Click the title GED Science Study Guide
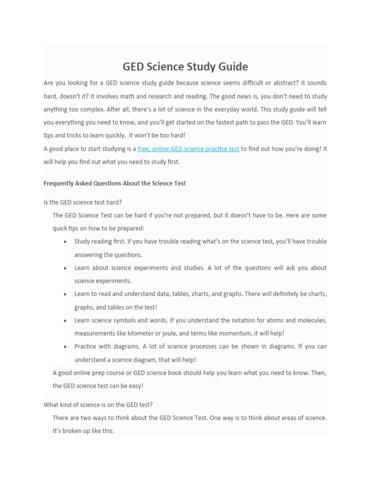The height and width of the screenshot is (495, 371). click(185, 66)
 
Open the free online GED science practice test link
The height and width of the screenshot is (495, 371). click(188, 149)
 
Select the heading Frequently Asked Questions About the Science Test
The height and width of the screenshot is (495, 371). click(114, 183)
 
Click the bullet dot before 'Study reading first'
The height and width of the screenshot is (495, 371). click(65, 242)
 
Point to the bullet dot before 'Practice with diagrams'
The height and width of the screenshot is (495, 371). click(65, 347)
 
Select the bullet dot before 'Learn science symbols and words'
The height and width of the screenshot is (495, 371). click(65, 320)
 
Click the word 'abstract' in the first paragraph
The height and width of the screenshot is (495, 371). click(285, 83)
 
